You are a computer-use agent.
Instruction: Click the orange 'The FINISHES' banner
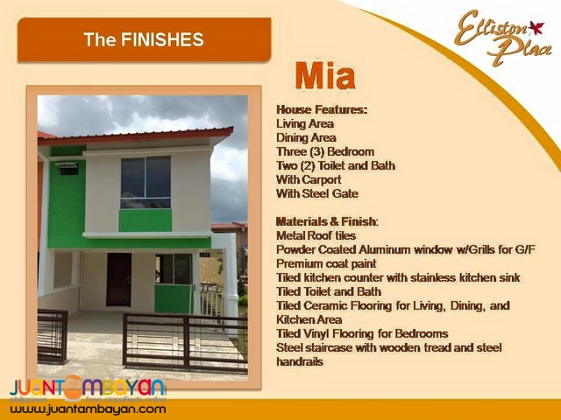(144, 40)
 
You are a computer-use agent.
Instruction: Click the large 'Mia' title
(325, 76)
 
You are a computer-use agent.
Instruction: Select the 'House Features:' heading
(322, 109)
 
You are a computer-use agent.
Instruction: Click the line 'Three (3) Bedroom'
(324, 151)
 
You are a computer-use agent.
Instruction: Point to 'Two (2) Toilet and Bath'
(335, 165)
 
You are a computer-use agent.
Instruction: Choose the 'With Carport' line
(309, 179)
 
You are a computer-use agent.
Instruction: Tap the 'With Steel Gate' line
(316, 193)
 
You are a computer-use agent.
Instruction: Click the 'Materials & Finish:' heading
(328, 221)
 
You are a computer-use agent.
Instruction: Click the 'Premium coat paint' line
(326, 263)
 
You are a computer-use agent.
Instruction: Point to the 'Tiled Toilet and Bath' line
(329, 291)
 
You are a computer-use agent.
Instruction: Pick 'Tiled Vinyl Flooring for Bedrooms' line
(362, 333)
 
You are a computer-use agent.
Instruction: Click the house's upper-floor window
(146, 182)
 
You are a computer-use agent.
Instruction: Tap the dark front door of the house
(118, 279)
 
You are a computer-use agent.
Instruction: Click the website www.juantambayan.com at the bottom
(88, 409)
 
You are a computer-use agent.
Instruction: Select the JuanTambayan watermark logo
(88, 387)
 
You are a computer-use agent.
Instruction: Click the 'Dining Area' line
(306, 137)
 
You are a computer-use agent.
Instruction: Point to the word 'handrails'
(300, 361)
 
